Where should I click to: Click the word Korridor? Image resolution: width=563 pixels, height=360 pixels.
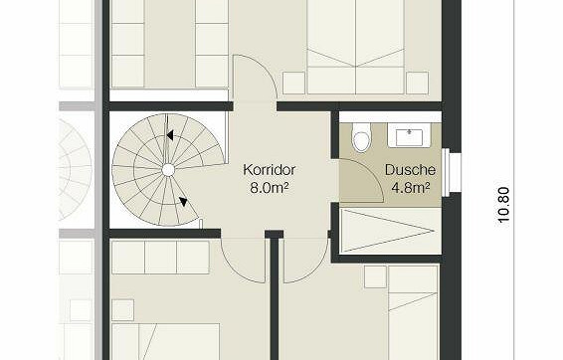click(269, 169)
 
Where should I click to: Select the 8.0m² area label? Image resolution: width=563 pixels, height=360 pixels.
click(270, 186)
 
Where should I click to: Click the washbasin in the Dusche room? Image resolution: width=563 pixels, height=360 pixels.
click(409, 133)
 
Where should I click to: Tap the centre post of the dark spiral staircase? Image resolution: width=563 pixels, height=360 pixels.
click(168, 170)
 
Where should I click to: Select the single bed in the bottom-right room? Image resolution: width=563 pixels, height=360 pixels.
click(411, 318)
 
